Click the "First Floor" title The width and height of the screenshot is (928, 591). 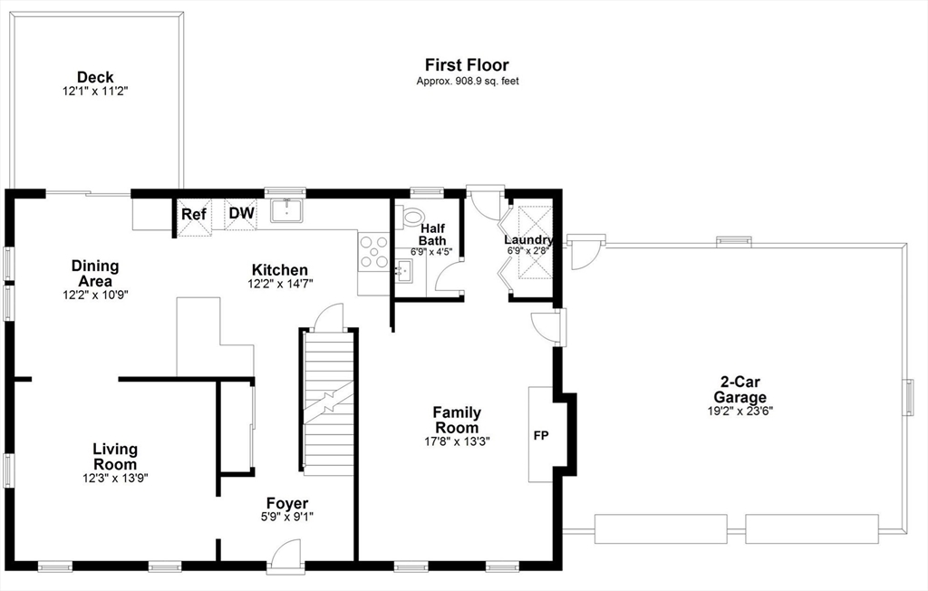pyautogui.click(x=467, y=64)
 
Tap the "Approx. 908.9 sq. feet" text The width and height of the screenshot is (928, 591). pyautogui.click(x=468, y=82)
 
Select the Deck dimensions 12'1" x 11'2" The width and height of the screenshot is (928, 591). pyautogui.click(x=95, y=92)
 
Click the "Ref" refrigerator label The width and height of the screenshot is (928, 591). pyautogui.click(x=194, y=214)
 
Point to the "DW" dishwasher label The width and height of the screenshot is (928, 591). pyautogui.click(x=241, y=213)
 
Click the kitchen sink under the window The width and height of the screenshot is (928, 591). pyautogui.click(x=287, y=210)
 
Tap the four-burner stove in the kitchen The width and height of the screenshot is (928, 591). pyautogui.click(x=374, y=252)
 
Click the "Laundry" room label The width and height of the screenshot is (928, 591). pyautogui.click(x=528, y=240)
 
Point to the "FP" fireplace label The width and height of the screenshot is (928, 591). pyautogui.click(x=541, y=436)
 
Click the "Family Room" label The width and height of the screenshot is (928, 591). pyautogui.click(x=457, y=420)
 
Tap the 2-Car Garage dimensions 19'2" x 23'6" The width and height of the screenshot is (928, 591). pyautogui.click(x=739, y=411)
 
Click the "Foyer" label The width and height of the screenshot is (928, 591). pyautogui.click(x=287, y=503)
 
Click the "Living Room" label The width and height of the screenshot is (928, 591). pyautogui.click(x=115, y=457)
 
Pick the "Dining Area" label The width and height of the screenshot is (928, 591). pyautogui.click(x=94, y=274)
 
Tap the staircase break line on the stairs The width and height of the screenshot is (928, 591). pyautogui.click(x=328, y=402)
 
